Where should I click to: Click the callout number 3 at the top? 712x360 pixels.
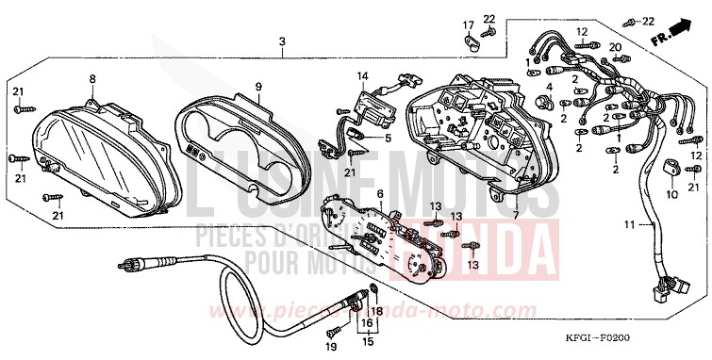(282, 41)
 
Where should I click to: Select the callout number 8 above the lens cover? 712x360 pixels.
(92, 78)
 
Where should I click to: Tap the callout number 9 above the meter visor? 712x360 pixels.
(257, 86)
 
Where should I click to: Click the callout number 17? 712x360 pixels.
(467, 24)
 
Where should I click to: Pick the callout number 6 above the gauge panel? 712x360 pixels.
(379, 194)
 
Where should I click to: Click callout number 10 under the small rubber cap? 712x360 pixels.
(673, 195)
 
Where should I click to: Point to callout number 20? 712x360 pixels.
(615, 46)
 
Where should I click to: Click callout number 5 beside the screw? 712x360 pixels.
(387, 138)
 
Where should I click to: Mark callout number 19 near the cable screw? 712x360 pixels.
(332, 349)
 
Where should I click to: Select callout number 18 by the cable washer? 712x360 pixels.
(376, 310)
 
